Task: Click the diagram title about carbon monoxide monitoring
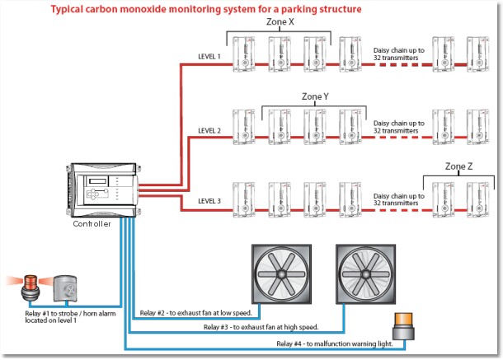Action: click(206, 10)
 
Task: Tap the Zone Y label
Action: click(315, 96)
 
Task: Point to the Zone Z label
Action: click(458, 166)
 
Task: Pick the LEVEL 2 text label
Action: click(209, 130)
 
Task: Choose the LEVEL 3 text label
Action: click(209, 201)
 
